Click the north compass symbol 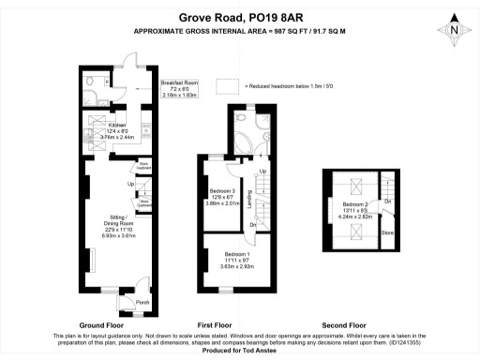[x=455, y=29]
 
